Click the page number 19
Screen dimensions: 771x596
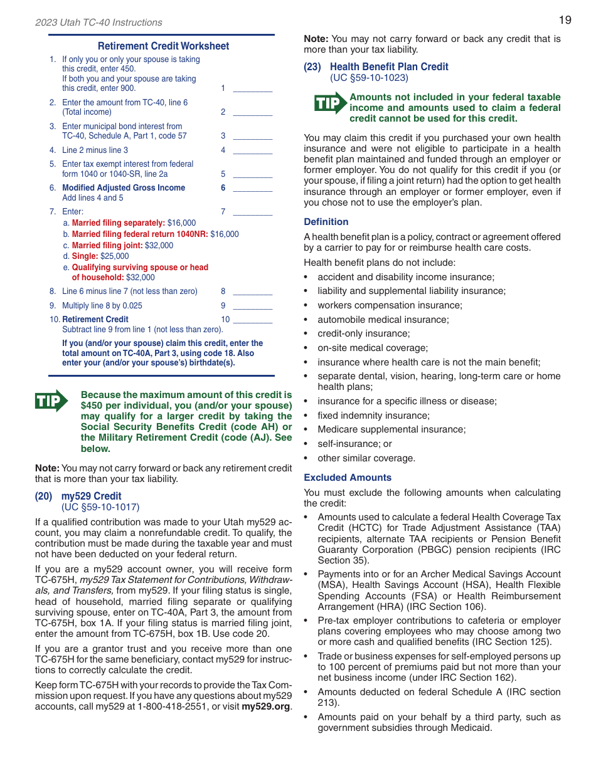click(x=565, y=20)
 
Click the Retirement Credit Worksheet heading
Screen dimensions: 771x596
click(x=163, y=46)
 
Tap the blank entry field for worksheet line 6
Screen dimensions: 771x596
click(x=252, y=188)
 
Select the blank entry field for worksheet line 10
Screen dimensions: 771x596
click(x=252, y=320)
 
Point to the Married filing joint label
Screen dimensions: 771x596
click(x=107, y=246)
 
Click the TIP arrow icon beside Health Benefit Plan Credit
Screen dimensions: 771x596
click(x=330, y=103)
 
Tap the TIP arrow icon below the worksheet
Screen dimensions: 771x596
click(x=51, y=401)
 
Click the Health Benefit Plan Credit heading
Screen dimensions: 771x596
click(x=389, y=66)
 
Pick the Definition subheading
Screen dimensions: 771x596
click(x=326, y=222)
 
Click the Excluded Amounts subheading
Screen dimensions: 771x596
click(x=347, y=478)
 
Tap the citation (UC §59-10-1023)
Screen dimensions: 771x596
click(x=369, y=78)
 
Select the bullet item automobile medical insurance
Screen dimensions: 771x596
click(x=383, y=320)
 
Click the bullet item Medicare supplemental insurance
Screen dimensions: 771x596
click(x=391, y=429)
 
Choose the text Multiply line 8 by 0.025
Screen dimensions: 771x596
click(x=102, y=306)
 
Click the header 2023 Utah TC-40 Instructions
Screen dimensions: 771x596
click(x=98, y=23)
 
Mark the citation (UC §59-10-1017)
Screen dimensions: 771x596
click(x=100, y=507)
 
